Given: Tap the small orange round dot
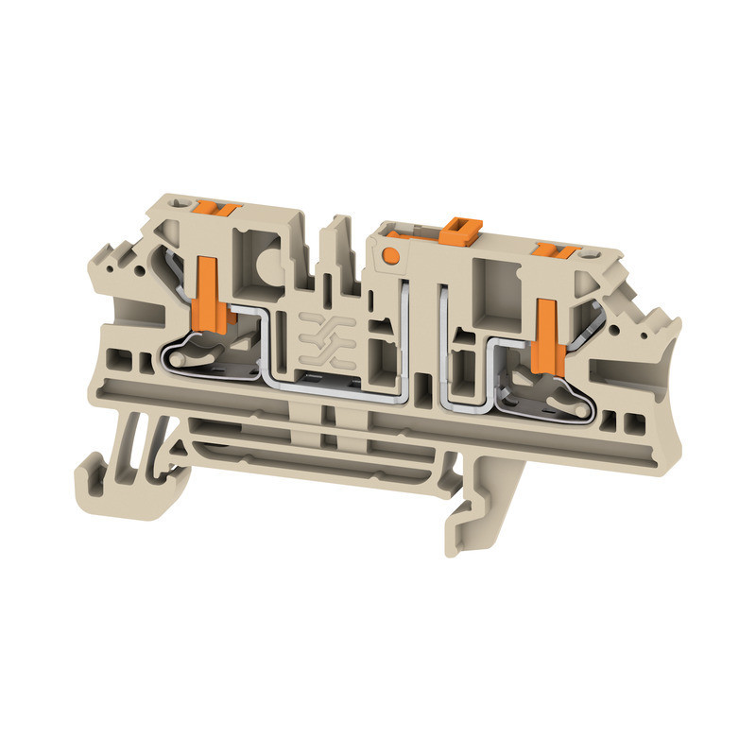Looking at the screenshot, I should coord(389,254).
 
